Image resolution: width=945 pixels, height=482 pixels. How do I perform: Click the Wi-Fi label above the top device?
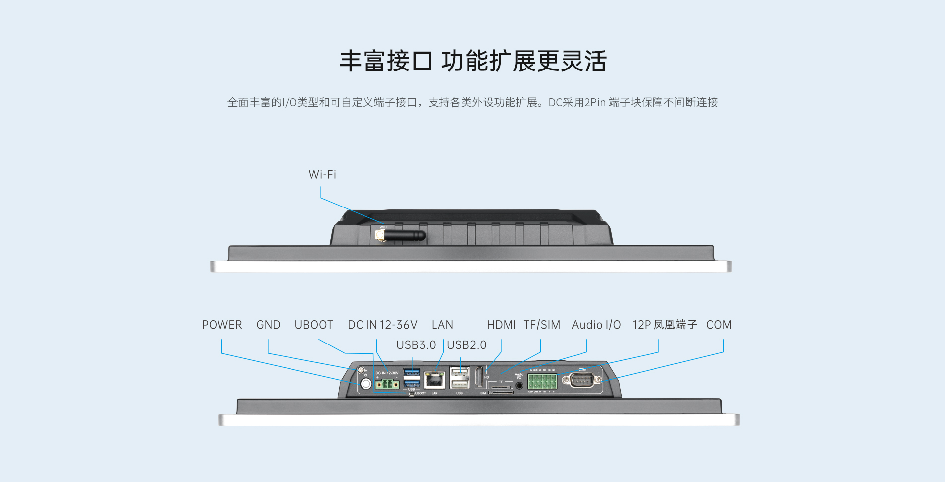tap(322, 175)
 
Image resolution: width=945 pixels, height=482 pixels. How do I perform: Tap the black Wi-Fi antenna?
tap(402, 235)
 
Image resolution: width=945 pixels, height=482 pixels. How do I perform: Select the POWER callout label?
tap(222, 325)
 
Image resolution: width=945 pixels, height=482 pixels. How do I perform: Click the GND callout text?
tap(268, 325)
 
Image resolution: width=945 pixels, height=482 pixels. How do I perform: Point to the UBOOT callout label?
tap(313, 325)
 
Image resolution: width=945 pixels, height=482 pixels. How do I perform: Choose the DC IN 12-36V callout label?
tap(382, 325)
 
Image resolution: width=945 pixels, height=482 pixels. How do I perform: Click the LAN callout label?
tap(442, 325)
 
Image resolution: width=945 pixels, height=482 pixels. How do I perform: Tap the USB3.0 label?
tap(416, 345)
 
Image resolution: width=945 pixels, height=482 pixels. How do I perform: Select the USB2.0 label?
tap(467, 345)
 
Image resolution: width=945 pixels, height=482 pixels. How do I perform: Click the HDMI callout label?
tap(501, 325)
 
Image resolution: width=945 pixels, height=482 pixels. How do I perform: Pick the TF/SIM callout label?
tap(541, 325)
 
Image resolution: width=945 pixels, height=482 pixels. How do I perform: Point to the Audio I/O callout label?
tap(596, 325)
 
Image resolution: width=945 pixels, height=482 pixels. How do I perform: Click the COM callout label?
tap(719, 325)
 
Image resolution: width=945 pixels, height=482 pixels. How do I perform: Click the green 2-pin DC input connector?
tap(387, 384)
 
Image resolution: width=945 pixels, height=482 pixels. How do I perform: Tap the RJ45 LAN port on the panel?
tap(435, 381)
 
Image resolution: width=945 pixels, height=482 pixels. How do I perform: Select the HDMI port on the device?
tap(479, 378)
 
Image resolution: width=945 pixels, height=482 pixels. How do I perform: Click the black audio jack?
tap(519, 385)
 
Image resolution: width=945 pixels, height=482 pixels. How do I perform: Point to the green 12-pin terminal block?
tap(542, 382)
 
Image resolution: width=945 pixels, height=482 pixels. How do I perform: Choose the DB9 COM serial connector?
tap(581, 381)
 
